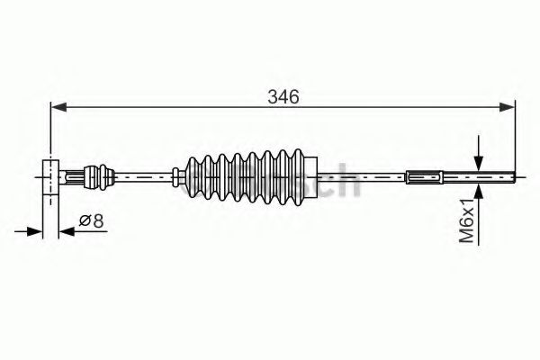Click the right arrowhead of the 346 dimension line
point(510,108)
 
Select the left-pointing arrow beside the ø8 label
point(67,233)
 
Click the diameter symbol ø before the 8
point(83,219)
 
